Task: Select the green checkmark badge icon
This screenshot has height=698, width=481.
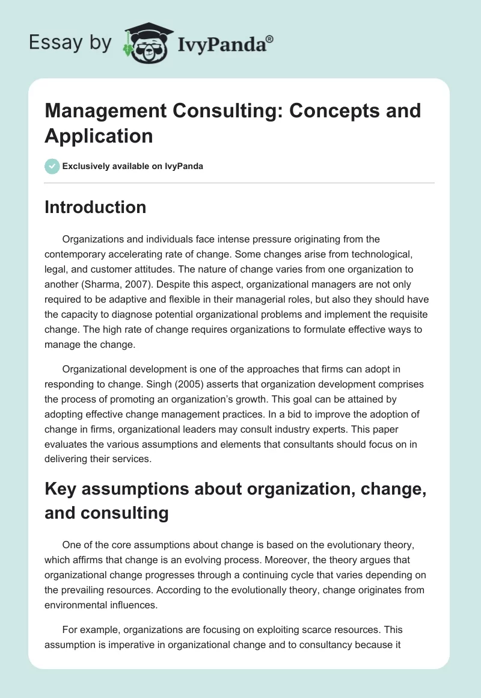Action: pos(52,166)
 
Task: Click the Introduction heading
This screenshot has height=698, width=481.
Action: pos(95,207)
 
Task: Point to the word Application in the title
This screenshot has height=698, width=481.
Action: pos(99,135)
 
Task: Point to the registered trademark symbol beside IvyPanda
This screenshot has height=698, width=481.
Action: pos(269,38)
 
